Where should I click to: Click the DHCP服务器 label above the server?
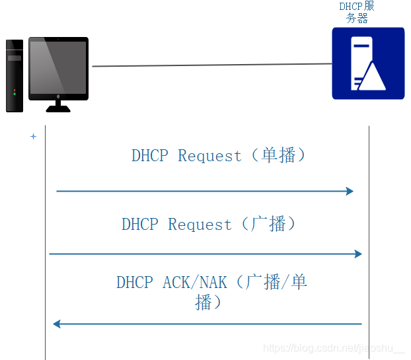coord(357,13)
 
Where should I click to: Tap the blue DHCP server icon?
coord(368,63)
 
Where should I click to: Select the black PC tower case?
coord(15,76)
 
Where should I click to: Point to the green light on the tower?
coord(15,94)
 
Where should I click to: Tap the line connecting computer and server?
coord(211,65)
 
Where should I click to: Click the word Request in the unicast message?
coord(210,157)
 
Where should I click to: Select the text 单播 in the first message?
coord(278,156)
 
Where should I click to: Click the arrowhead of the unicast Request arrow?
coord(350,192)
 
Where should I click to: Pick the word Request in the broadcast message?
coord(200,225)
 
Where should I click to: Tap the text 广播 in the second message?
coord(268,224)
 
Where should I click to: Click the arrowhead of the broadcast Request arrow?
coord(359,254)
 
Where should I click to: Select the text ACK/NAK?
coord(195,283)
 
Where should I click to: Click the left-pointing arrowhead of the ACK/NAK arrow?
coord(57,324)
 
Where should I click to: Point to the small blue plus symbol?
coord(33,137)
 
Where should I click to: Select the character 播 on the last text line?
coord(204,303)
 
